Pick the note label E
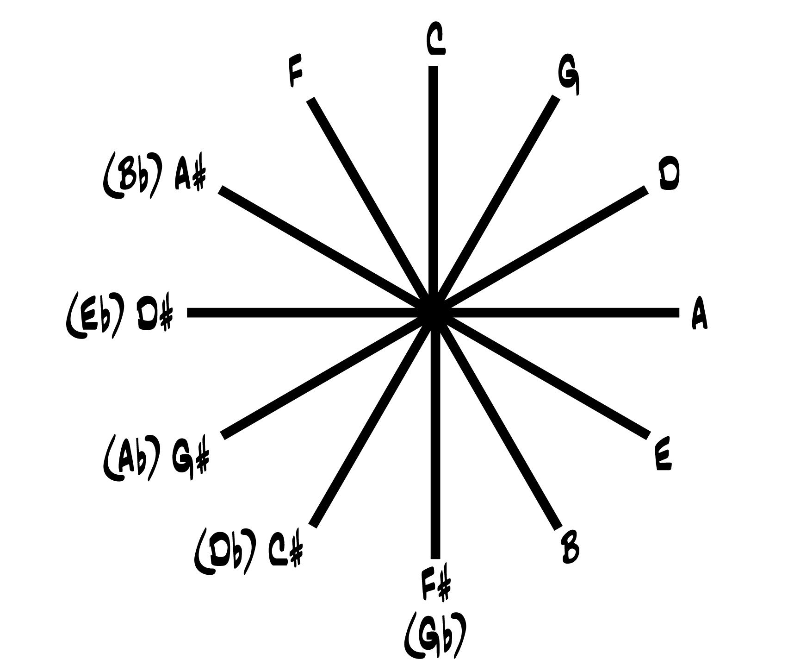(663, 457)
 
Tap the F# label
(435, 586)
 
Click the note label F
(295, 72)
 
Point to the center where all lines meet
(434, 313)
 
